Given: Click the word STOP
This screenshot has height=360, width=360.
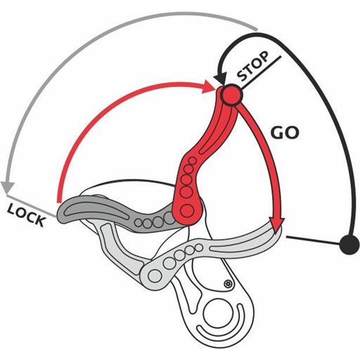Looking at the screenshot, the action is (x=253, y=66).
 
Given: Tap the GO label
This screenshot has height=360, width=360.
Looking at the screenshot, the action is (x=285, y=133).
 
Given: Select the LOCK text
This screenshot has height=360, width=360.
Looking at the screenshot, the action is (x=26, y=215).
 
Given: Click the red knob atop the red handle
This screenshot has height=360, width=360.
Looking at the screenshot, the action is (x=231, y=95).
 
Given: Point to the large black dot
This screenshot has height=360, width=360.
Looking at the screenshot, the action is (x=349, y=245).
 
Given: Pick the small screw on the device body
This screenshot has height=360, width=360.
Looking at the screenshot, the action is (x=227, y=284).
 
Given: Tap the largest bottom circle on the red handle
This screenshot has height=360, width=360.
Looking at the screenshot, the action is (x=187, y=210).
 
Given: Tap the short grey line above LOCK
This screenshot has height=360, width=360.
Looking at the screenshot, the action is (x=32, y=205).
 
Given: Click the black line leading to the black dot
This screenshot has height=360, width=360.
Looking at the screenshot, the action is (x=313, y=240).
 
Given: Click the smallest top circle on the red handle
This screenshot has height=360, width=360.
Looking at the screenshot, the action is (x=193, y=160).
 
